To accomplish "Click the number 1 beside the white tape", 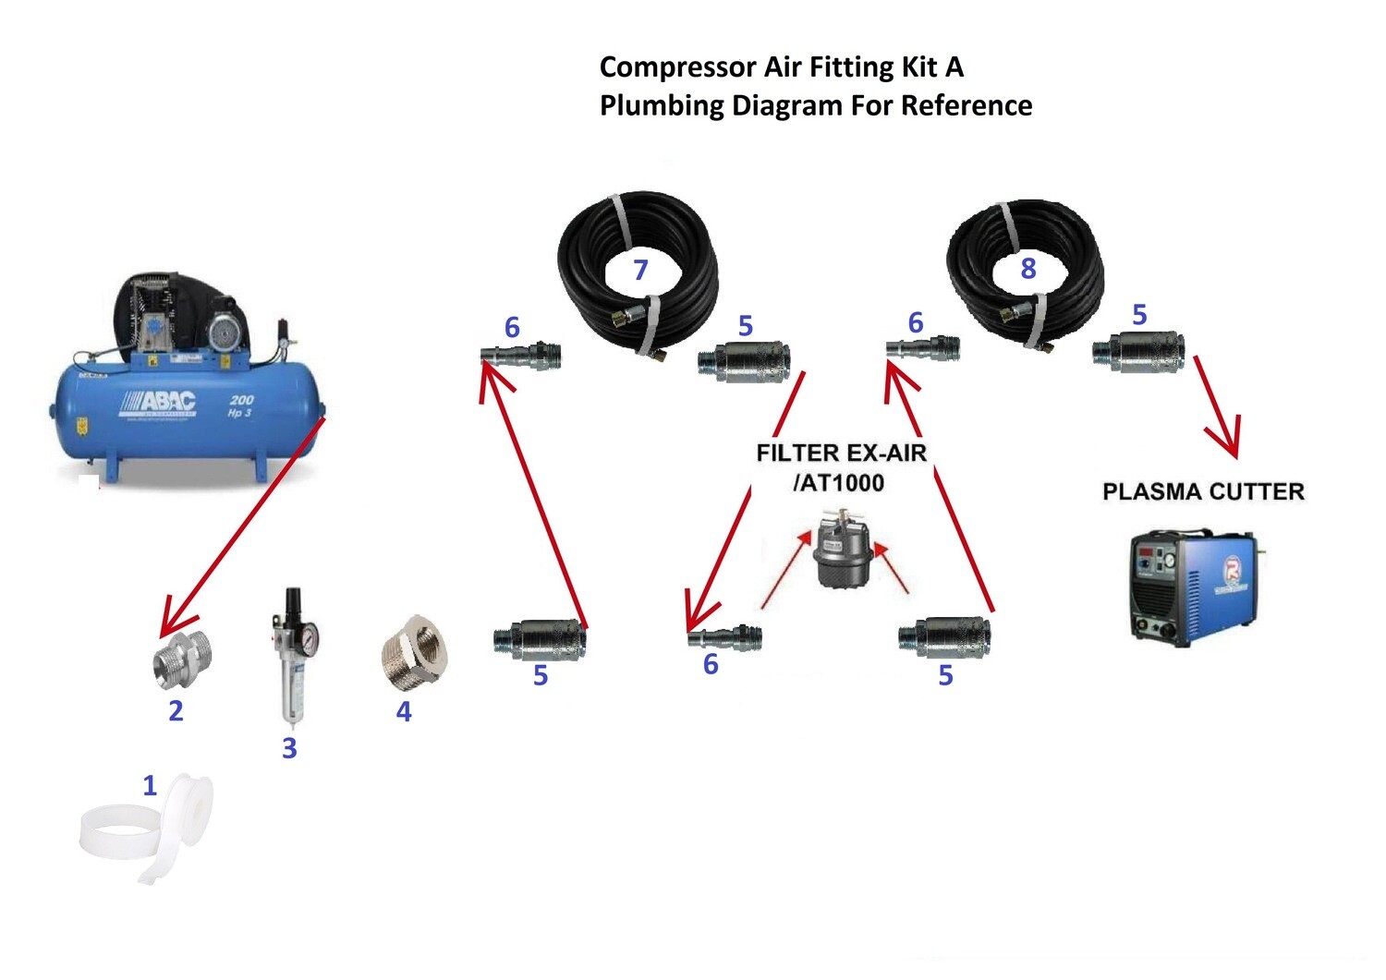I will point(150,785).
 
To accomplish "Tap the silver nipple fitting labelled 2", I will point(182,658).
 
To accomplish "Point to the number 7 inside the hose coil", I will point(640,270).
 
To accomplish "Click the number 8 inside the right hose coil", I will point(1027,269).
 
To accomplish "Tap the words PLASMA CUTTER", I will point(1203,491).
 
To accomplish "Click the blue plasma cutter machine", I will point(1191,586).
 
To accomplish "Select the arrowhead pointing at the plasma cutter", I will point(1230,443).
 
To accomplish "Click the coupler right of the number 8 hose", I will point(1138,353).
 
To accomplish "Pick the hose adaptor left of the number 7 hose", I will point(521,356).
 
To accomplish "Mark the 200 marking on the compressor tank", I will point(241,400).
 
